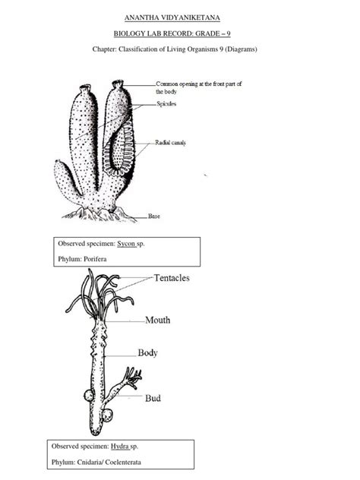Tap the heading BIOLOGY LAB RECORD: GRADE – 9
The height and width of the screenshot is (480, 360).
click(180, 33)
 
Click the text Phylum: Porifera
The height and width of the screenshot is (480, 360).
click(82, 260)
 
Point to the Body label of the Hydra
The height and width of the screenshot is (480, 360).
click(147, 352)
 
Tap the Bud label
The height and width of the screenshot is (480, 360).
click(152, 396)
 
